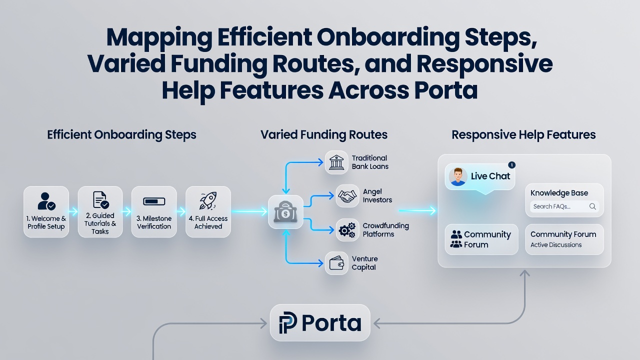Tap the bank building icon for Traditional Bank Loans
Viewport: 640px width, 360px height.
(336, 162)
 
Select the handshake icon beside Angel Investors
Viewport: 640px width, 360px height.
(347, 196)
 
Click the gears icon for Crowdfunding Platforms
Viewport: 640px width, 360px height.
(347, 230)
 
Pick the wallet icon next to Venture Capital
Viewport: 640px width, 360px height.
(336, 263)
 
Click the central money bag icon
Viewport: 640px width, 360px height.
(285, 211)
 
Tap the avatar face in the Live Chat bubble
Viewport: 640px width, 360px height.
(457, 176)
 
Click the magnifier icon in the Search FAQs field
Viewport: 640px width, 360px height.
(592, 206)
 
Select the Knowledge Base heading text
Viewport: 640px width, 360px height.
(559, 193)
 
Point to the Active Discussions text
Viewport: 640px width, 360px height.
(556, 245)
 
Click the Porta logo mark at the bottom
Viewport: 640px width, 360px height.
(287, 322)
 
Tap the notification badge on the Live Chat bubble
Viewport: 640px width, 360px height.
(511, 165)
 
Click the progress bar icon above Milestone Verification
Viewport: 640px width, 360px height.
(154, 201)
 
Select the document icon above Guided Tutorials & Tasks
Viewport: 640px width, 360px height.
(100, 199)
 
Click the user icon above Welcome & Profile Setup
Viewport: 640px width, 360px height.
(46, 201)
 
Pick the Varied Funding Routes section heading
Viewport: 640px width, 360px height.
(324, 134)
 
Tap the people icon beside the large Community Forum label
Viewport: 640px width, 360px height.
(456, 239)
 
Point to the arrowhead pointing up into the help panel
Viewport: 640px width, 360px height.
(524, 273)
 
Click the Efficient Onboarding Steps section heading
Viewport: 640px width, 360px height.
(121, 135)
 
